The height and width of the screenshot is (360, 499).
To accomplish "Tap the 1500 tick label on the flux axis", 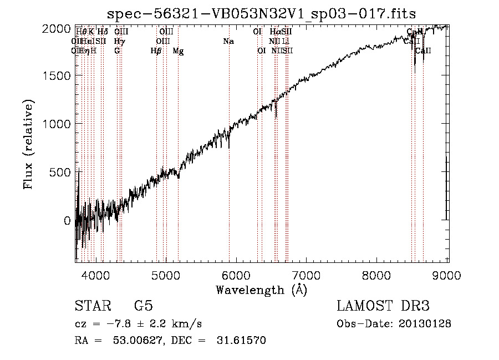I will [x=57, y=76].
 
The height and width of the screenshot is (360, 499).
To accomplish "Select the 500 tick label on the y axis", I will [x=60, y=173].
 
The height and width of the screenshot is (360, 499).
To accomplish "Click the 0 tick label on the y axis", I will [x=67, y=221].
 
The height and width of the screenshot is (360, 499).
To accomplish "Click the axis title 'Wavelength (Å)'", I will [x=261, y=290].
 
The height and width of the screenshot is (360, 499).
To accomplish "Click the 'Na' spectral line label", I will [x=228, y=41].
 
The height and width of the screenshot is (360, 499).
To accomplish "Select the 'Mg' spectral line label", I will [x=178, y=51].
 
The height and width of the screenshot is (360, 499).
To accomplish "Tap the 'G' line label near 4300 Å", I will [x=117, y=51].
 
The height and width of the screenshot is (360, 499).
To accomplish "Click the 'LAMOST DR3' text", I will [x=383, y=306].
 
